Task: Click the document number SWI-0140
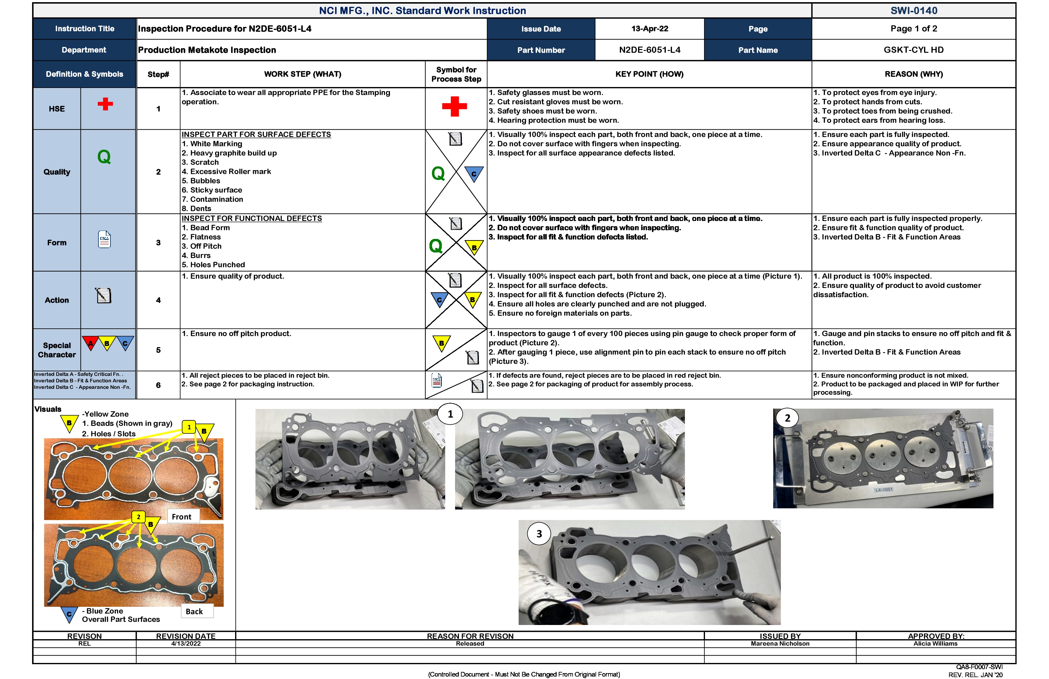[x=913, y=10]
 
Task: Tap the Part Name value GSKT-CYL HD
[x=913, y=50]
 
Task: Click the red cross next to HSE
[x=105, y=104]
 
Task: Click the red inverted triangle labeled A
[x=91, y=343]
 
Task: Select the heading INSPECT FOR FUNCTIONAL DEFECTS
[x=252, y=218]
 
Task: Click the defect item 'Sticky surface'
[x=216, y=190]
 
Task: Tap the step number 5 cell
[x=158, y=350]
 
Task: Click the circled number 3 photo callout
[x=539, y=534]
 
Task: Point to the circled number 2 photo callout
[x=787, y=418]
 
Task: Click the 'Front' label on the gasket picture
[x=182, y=517]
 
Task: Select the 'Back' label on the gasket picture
[x=194, y=611]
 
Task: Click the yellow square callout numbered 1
[x=189, y=427]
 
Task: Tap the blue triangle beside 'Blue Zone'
[x=69, y=614]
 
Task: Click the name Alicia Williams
[x=935, y=644]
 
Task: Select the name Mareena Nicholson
[x=780, y=644]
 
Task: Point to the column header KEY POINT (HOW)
[x=649, y=74]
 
